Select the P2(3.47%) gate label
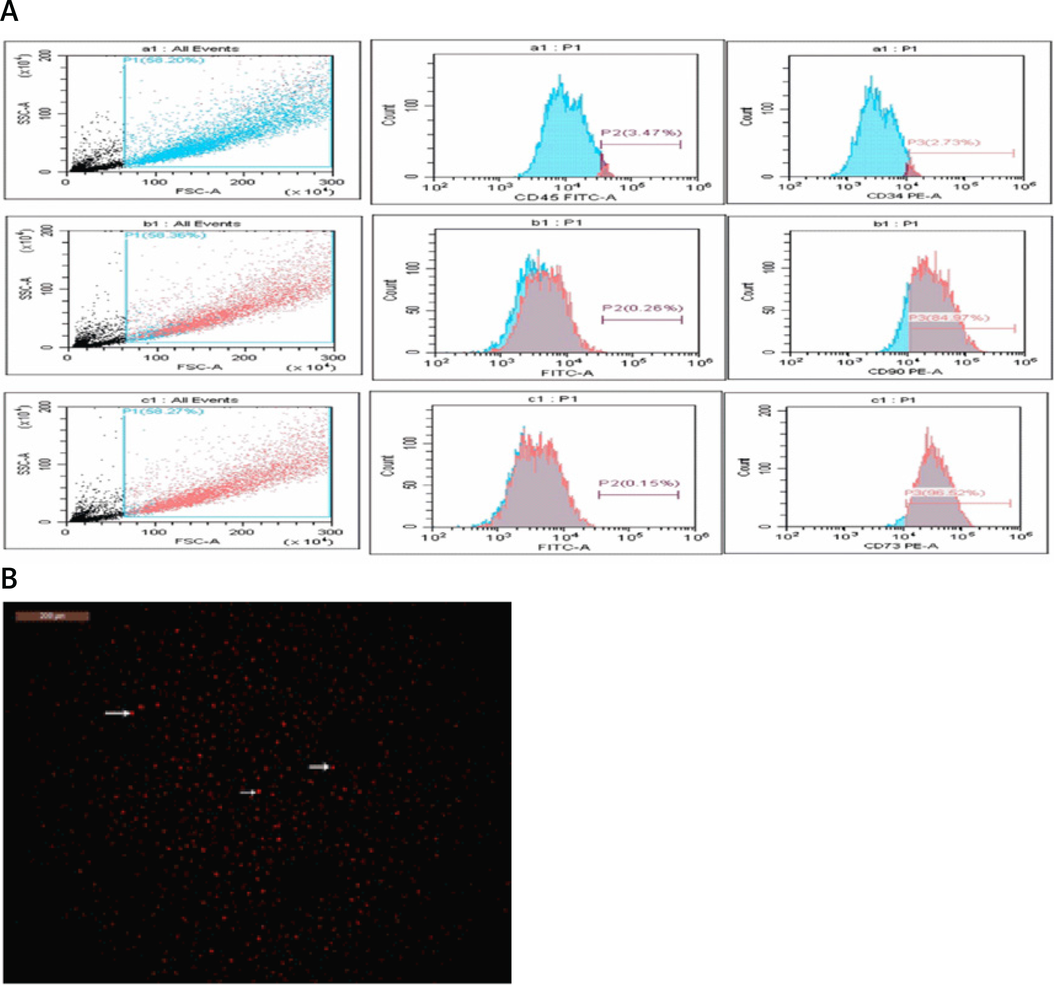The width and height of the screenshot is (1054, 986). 640,133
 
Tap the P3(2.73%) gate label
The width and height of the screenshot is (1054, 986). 944,142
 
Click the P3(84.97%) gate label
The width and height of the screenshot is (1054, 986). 949,317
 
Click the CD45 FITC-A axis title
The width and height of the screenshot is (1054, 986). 565,197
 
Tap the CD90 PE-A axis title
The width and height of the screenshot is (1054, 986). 905,371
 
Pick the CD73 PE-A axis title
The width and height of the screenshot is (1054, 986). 901,545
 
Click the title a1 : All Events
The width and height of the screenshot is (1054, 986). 190,49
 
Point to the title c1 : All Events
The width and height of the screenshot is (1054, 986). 189,400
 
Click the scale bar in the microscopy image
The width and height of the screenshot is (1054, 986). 52,616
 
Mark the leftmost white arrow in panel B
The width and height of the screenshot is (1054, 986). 118,713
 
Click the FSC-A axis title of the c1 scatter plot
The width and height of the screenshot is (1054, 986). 197,541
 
